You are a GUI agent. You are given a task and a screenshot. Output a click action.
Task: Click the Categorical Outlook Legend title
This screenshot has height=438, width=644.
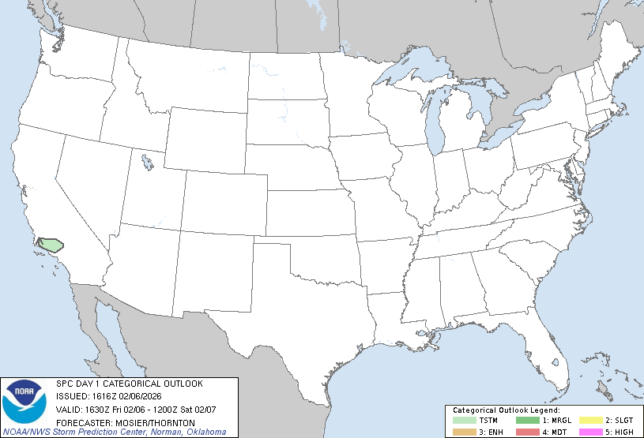(506, 411)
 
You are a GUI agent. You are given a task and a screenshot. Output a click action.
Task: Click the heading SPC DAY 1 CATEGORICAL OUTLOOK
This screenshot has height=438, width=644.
(129, 384)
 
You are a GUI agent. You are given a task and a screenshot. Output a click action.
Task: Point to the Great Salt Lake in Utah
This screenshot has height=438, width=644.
(147, 163)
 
